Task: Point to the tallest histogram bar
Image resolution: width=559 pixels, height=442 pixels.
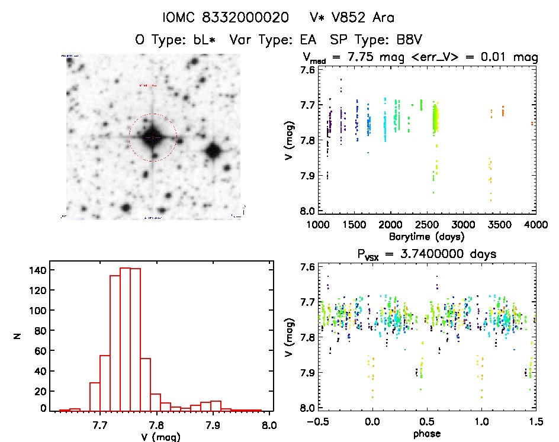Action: [x=125, y=339]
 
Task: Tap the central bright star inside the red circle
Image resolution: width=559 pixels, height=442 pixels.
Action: [x=152, y=137]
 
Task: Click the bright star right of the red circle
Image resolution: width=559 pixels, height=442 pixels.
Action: [x=213, y=150]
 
